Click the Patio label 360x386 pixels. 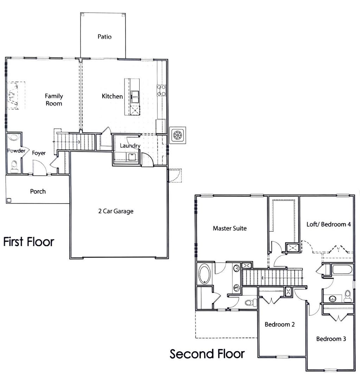[x=104, y=37]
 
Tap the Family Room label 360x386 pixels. [x=54, y=99]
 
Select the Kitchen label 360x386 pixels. [x=112, y=96]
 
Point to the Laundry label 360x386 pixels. [x=130, y=146]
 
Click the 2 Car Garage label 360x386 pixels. [x=116, y=211]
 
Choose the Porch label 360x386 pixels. [x=38, y=191]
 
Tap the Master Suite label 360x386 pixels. [x=230, y=229]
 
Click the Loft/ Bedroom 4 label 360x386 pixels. [x=329, y=224]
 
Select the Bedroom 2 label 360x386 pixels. [x=279, y=324]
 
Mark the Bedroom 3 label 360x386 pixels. [x=331, y=339]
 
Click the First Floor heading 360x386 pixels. [x=29, y=242]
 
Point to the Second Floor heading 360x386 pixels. [x=207, y=354]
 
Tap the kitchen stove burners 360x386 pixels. [x=161, y=90]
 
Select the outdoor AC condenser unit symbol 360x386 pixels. [x=178, y=135]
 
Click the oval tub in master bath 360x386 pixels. [x=204, y=274]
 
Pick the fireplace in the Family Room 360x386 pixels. [x=13, y=96]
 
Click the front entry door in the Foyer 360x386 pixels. [x=39, y=168]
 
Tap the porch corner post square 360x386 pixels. [x=9, y=200]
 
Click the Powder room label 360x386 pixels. [x=14, y=151]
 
